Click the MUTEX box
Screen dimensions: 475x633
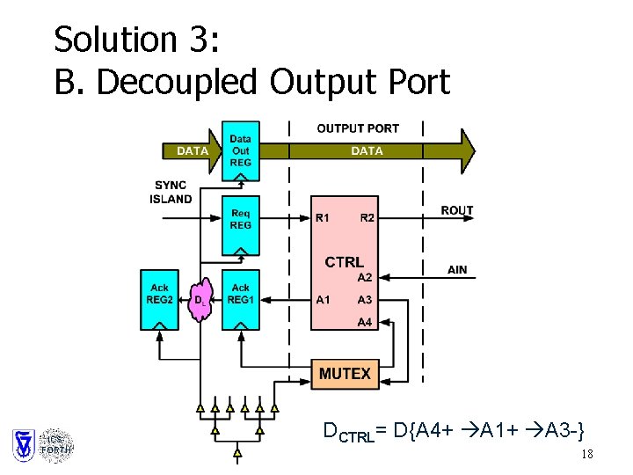click(345, 374)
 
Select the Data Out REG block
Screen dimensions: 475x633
click(240, 151)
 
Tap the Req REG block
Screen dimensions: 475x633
click(240, 220)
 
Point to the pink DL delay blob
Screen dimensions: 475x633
click(201, 301)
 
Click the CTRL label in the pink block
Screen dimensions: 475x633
click(344, 261)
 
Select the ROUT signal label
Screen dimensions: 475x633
click(457, 210)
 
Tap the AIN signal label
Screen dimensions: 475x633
click(457, 270)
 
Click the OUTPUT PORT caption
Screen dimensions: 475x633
click(357, 128)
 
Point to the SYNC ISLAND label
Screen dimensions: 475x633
click(171, 193)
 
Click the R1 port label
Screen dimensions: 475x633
click(324, 217)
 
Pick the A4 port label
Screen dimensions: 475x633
click(364, 322)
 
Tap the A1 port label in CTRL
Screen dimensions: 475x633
click(324, 300)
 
